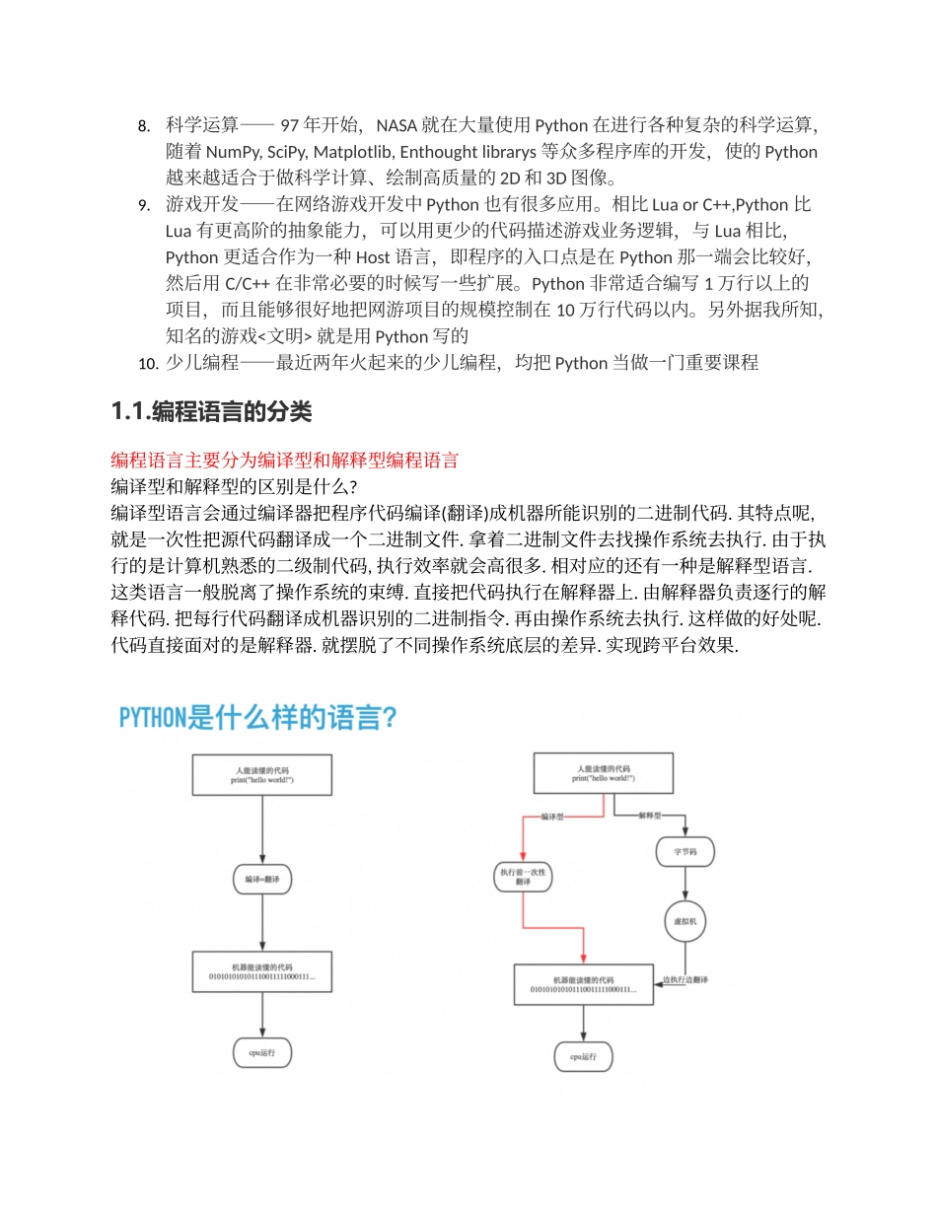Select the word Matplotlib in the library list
[x=347, y=152]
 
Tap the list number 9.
[x=143, y=205]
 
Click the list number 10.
[x=148, y=363]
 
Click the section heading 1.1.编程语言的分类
[x=211, y=412]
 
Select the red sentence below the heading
[x=284, y=461]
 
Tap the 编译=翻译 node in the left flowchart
[x=262, y=879]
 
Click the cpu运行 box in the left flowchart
[x=262, y=1053]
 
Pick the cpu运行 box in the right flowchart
[x=584, y=1056]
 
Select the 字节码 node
[x=685, y=851]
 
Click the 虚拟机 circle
[x=685, y=921]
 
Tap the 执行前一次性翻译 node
[x=523, y=878]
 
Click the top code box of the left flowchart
[x=262, y=775]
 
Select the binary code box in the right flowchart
[x=584, y=984]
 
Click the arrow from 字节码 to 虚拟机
[x=685, y=883]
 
